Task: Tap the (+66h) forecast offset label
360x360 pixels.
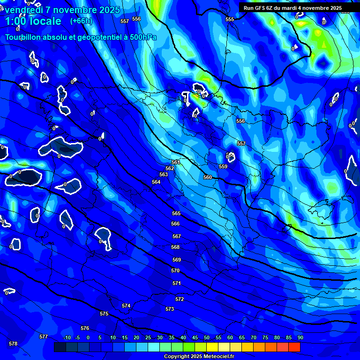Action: coord(81,21)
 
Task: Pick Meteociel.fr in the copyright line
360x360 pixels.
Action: coord(211,357)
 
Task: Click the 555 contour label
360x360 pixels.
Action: coord(230,19)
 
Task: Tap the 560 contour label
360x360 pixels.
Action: coord(208,177)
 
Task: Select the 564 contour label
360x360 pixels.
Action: coord(156,182)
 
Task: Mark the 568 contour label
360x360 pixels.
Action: coord(175,247)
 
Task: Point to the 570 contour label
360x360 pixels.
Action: coord(175,270)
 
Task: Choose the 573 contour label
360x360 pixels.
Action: coord(170,309)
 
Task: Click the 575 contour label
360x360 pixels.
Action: coord(104,314)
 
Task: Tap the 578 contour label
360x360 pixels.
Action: coord(13,344)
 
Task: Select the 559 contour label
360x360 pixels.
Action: coord(223,166)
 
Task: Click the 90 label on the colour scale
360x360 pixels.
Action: coord(300,338)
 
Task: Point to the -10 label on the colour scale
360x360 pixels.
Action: coord(67,338)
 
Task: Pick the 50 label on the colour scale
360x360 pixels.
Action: coord(206,338)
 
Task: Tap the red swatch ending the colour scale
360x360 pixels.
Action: coord(294,347)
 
